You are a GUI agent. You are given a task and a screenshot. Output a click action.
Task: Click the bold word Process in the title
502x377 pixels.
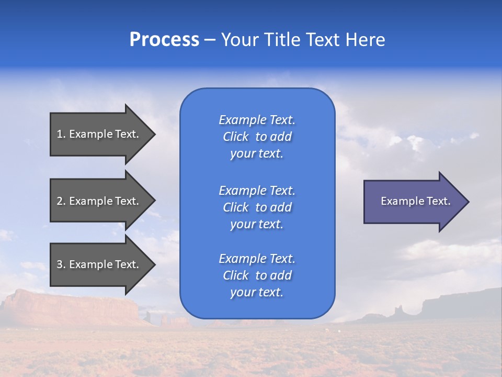tap(164, 40)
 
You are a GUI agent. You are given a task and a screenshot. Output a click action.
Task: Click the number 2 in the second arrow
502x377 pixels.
tap(60, 201)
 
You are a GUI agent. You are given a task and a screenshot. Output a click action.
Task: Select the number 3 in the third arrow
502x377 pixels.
tap(60, 264)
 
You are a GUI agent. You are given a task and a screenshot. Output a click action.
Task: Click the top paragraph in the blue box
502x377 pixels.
tap(257, 137)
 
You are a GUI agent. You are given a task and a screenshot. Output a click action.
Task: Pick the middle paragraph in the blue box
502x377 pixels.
tap(257, 207)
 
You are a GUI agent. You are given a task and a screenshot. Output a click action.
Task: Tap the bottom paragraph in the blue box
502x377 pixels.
tap(257, 275)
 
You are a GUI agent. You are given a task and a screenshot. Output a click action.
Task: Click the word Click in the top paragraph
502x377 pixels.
tap(236, 137)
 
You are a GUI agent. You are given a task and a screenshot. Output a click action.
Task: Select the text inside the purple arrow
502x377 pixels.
tap(415, 201)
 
